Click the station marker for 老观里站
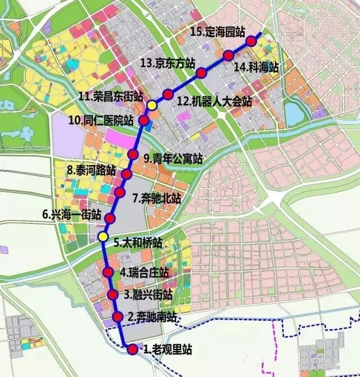[x=132, y=349]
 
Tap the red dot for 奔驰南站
[x=118, y=317]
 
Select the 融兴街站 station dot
[x=112, y=294]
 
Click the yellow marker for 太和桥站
[x=102, y=236]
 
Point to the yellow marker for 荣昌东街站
[x=152, y=105]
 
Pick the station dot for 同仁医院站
[x=144, y=120]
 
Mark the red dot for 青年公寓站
[x=133, y=155]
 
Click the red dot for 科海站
[x=228, y=55]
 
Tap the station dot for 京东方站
[x=201, y=72]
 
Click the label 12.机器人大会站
[x=214, y=102]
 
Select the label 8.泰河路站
[x=91, y=169]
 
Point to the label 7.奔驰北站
[x=157, y=198]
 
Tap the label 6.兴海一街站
[x=71, y=214]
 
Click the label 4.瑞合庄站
[x=144, y=273]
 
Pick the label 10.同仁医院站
[x=101, y=120]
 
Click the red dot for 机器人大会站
[x=168, y=94]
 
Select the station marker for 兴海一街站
[x=110, y=218]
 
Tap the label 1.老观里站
[x=167, y=349]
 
